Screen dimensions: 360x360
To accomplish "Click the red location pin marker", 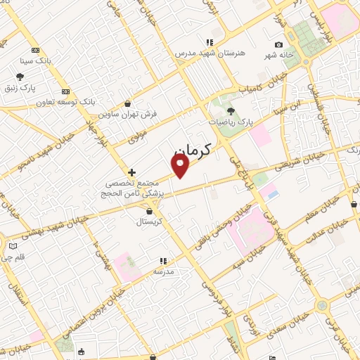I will (x=181, y=166).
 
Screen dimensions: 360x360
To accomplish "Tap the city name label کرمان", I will (x=191, y=150).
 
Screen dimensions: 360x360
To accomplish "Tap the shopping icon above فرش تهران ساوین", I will (x=127, y=103).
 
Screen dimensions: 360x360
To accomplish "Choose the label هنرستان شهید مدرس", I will (x=203, y=53).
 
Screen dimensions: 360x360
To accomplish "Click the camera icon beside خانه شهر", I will (x=279, y=44).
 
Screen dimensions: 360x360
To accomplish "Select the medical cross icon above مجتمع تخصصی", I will (x=131, y=172).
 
